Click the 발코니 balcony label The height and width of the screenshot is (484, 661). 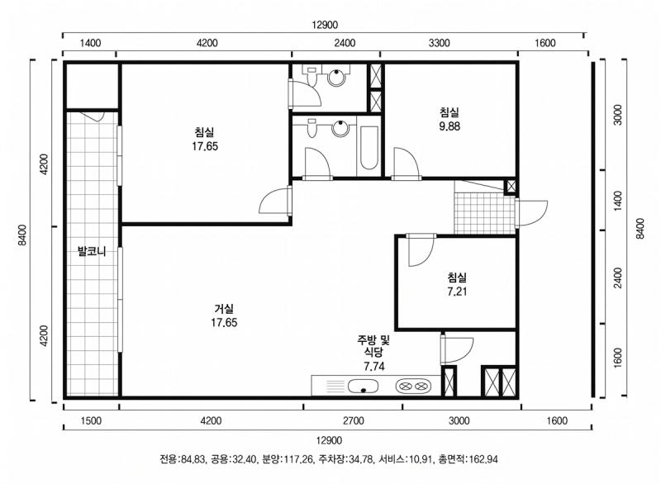92,250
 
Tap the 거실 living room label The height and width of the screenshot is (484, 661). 224,307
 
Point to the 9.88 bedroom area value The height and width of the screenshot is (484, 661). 449,127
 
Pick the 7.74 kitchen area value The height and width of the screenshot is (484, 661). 373,366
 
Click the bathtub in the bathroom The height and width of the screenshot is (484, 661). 369,149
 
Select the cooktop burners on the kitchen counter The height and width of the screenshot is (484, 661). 412,386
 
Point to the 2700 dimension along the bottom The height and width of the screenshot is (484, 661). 353,421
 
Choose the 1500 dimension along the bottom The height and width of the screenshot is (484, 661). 91,421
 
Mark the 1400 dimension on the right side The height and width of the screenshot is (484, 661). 617,199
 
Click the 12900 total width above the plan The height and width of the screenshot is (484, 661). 324,26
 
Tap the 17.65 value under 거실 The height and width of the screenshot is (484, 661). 224,322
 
